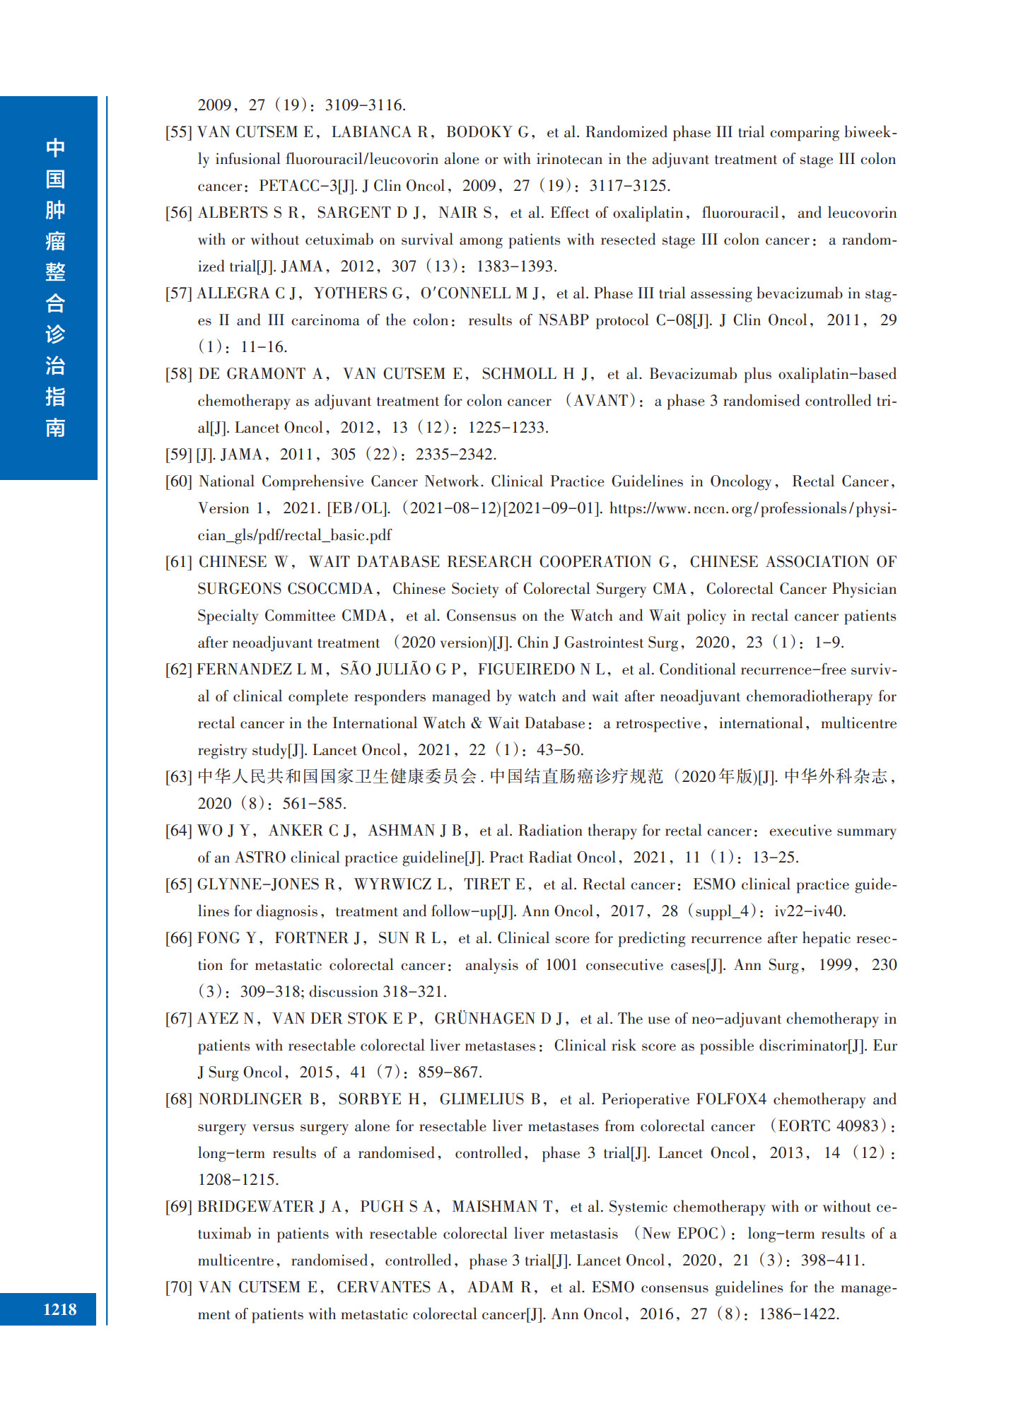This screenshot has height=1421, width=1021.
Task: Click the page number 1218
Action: (59, 1309)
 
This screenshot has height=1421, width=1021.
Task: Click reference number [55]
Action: (178, 132)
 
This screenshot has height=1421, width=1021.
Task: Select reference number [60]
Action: (178, 481)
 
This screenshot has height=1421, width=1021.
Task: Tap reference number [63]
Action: (178, 777)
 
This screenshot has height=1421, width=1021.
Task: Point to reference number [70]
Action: (178, 1287)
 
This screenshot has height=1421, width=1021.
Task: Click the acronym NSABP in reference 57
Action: (563, 320)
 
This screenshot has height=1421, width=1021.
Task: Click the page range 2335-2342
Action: (456, 455)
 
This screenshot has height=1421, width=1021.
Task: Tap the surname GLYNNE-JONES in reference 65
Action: (258, 884)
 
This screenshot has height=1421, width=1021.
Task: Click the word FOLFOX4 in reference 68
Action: (731, 1099)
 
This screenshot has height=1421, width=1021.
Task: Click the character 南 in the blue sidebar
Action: (55, 428)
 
